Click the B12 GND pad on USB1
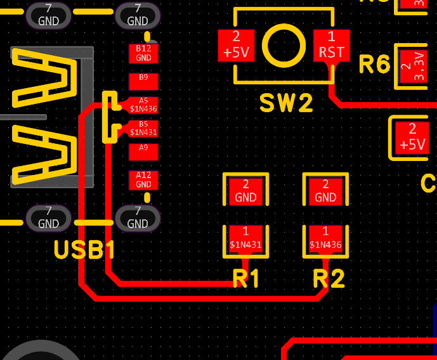pos(143,53)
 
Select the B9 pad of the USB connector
pos(143,80)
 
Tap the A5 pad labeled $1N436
pos(143,105)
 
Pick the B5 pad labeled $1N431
pos(143,129)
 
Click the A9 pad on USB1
pos(143,151)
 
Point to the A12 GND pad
pos(143,180)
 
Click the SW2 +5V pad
pos(235,45)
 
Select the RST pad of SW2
pos(331,45)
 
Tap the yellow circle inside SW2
pos(283,45)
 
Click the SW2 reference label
pos(286,103)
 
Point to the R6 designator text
pos(374,65)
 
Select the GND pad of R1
pos(245,191)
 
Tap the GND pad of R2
pos(325,191)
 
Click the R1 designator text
pos(246,279)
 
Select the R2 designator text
pos(329,279)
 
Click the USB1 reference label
pos(84,250)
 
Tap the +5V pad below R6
pos(412,137)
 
